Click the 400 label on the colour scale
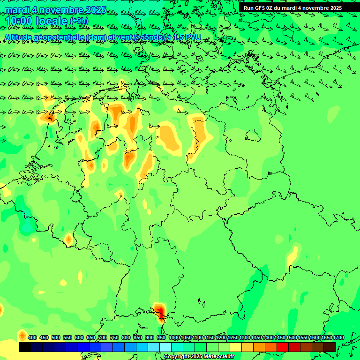pyautogui.click(x=32, y=337)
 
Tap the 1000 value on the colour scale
pyautogui.click(x=174, y=337)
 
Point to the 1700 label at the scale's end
pyautogui.click(x=338, y=337)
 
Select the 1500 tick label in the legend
pyautogui.click(x=292, y=337)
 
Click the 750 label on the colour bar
pyautogui.click(x=114, y=337)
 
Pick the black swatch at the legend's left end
pyautogui.click(x=25, y=347)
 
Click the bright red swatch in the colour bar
pyautogui.click(x=282, y=347)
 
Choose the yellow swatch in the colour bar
pyautogui.click(x=235, y=347)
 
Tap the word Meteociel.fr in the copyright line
pyautogui.click(x=219, y=357)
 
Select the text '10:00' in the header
pyautogui.click(x=19, y=21)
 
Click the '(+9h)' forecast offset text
pyautogui.click(x=79, y=21)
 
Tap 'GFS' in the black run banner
pyautogui.click(x=262, y=8)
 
